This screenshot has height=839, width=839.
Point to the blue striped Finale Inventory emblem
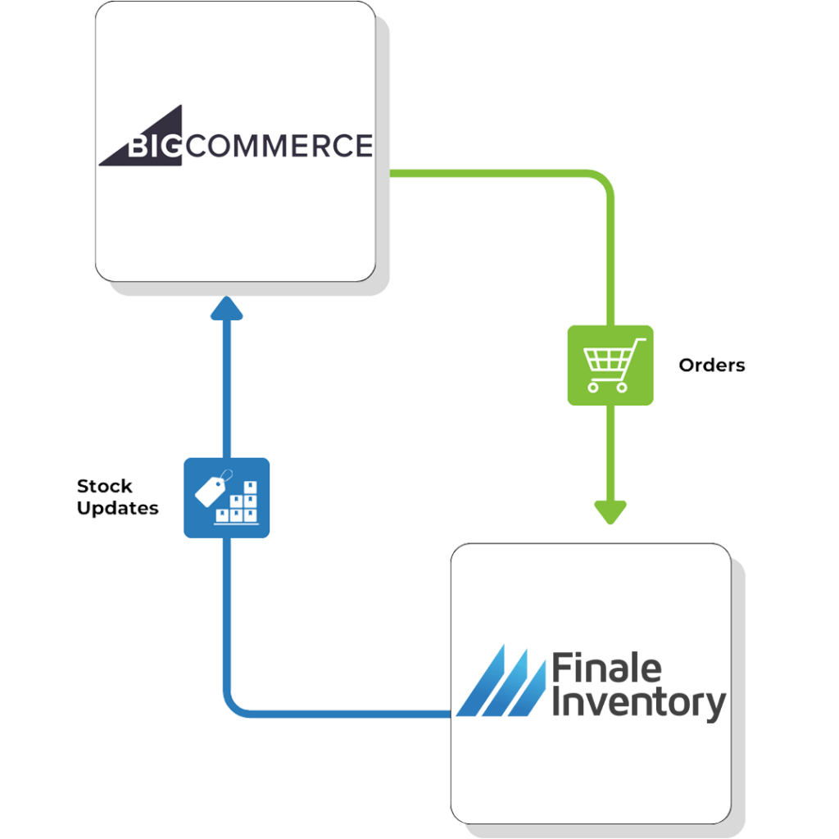(x=500, y=680)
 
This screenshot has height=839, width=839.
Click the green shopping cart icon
(x=610, y=365)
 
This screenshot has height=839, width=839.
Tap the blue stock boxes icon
(x=226, y=497)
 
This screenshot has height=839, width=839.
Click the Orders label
(x=712, y=365)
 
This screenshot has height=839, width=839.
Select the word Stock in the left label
(x=104, y=486)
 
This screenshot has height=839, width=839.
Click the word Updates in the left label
(x=117, y=508)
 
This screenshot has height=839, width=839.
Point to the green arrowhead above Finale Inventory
(x=610, y=511)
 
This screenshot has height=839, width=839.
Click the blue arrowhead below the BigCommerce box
(x=227, y=307)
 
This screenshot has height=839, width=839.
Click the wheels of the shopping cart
(x=610, y=388)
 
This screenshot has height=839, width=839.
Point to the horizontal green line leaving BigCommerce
(x=492, y=174)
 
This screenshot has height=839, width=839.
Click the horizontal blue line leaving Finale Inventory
(x=344, y=713)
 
